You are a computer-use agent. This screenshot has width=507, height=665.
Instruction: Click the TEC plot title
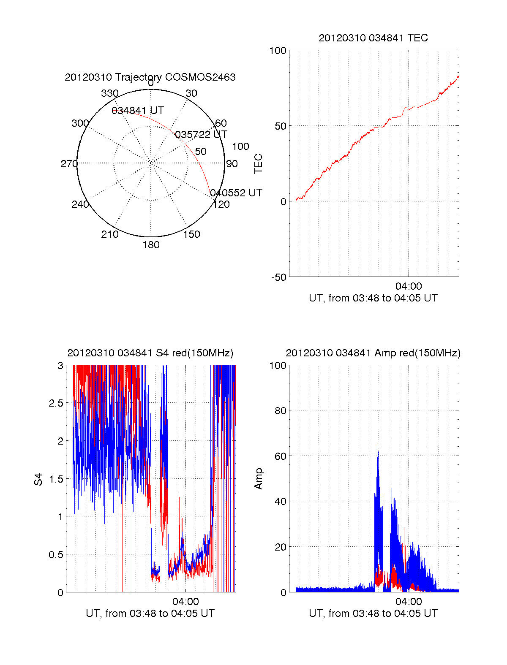click(x=373, y=38)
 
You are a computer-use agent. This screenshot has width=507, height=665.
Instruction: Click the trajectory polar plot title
click(x=150, y=77)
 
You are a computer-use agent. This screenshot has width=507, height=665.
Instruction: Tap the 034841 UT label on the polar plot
click(x=137, y=111)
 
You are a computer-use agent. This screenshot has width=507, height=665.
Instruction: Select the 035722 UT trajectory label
click(x=201, y=135)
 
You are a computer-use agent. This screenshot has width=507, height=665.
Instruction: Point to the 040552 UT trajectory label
click(x=236, y=193)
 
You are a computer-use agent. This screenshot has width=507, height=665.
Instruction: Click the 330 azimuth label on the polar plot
click(x=109, y=93)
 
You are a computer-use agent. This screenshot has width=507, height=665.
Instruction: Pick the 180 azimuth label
click(x=151, y=245)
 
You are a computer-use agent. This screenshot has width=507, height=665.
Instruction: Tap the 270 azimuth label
click(x=69, y=164)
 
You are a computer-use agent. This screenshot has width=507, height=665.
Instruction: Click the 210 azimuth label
click(x=109, y=234)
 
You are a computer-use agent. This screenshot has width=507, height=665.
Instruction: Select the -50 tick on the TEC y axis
click(x=278, y=277)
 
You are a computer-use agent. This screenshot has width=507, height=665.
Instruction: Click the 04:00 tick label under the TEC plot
click(x=409, y=286)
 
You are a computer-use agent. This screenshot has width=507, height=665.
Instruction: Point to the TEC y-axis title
click(x=258, y=164)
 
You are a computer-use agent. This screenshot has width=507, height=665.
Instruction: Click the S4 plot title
click(x=150, y=353)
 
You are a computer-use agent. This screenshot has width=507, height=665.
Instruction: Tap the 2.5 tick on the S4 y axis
click(x=56, y=403)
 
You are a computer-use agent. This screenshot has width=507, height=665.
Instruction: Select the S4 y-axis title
click(x=38, y=479)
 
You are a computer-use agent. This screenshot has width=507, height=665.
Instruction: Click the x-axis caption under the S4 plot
click(x=150, y=613)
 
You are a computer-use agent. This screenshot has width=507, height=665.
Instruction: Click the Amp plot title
click(x=373, y=353)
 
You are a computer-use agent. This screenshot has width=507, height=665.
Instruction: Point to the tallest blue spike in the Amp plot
click(x=378, y=447)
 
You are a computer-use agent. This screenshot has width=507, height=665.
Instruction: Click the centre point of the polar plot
click(x=151, y=163)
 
